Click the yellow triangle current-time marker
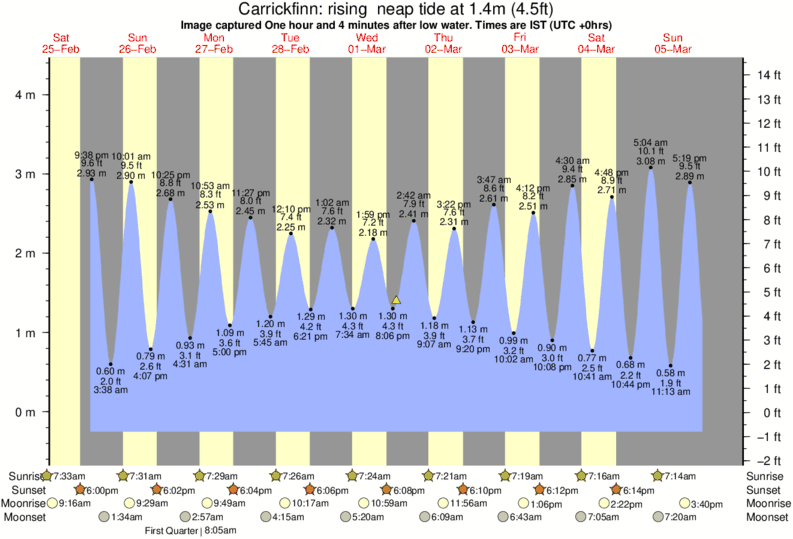tap(397, 299)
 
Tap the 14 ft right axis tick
tap(769, 75)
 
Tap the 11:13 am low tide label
tap(672, 394)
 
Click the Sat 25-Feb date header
tap(62, 43)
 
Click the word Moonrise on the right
tap(767, 503)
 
